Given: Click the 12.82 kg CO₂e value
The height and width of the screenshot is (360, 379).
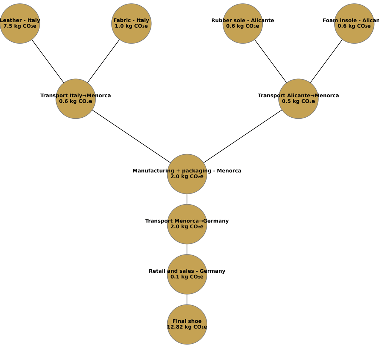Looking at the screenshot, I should pyautogui.click(x=187, y=327).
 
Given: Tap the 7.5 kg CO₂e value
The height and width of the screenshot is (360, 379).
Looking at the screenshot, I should pyautogui.click(x=20, y=26).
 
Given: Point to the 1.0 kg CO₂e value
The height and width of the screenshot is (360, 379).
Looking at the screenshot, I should pyautogui.click(x=131, y=26).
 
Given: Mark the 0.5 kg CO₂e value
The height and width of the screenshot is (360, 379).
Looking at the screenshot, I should pyautogui.click(x=298, y=101).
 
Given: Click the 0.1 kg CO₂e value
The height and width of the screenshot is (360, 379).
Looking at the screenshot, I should pyautogui.click(x=187, y=277).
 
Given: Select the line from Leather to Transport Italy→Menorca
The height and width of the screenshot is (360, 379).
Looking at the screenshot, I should pyautogui.click(x=48, y=61).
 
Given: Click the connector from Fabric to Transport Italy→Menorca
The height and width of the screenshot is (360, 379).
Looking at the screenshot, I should pyautogui.click(x=104, y=61).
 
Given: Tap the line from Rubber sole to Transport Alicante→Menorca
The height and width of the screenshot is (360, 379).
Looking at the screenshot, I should pyautogui.click(x=271, y=61).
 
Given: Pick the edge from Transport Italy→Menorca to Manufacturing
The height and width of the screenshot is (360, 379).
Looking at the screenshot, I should pyautogui.click(x=131, y=136).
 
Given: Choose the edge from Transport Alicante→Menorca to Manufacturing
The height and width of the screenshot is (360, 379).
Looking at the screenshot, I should pyautogui.click(x=243, y=136).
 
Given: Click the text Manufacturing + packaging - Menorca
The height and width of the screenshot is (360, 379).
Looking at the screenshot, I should pyautogui.click(x=187, y=171).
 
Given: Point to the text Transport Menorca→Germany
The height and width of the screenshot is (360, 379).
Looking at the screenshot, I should pyautogui.click(x=187, y=221).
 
